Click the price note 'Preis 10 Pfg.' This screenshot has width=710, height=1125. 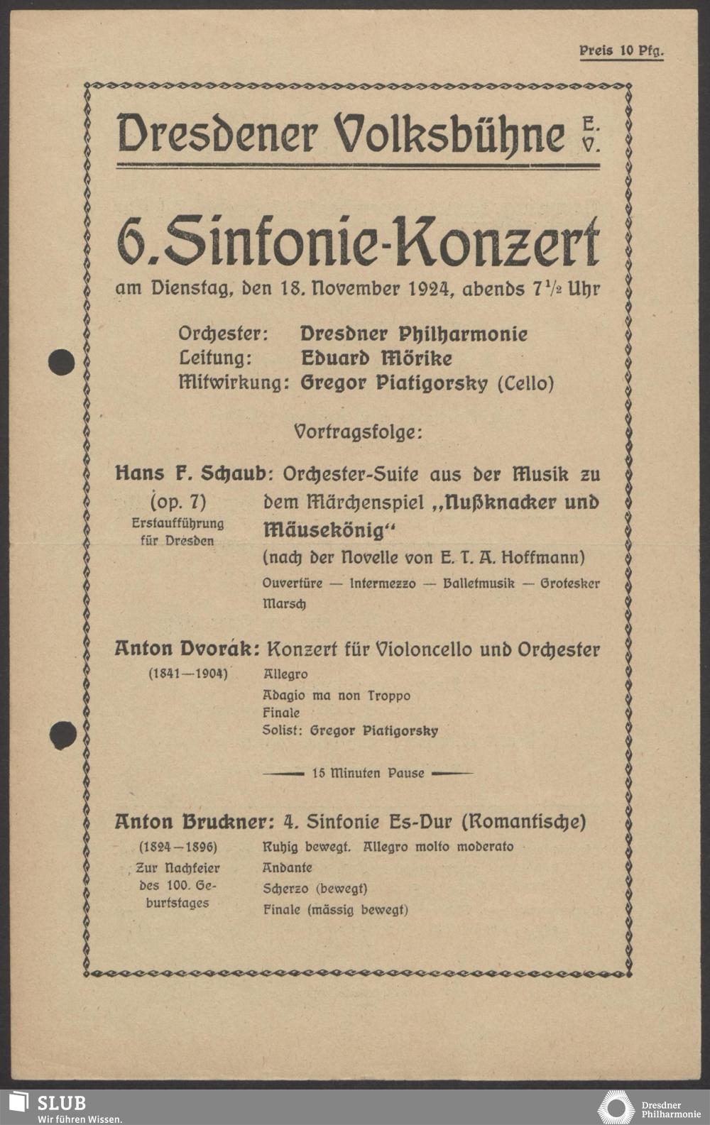pyautogui.click(x=621, y=51)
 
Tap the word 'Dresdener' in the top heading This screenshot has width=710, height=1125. pyautogui.click(x=217, y=133)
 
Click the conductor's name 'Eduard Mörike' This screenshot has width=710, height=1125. pyautogui.click(x=376, y=358)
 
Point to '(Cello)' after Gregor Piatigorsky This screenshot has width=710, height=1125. pyautogui.click(x=525, y=383)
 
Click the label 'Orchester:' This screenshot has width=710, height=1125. pyautogui.click(x=223, y=334)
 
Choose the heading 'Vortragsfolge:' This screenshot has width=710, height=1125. pyautogui.click(x=357, y=431)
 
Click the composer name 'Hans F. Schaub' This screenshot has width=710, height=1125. pyautogui.click(x=190, y=473)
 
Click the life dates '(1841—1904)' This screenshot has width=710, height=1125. pyautogui.click(x=187, y=674)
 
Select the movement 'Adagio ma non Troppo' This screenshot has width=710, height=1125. pyautogui.click(x=336, y=696)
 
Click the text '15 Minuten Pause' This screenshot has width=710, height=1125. pyautogui.click(x=368, y=773)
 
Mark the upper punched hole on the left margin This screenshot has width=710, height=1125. pyautogui.click(x=61, y=362)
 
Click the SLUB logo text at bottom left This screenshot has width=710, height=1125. pyautogui.click(x=61, y=1102)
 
